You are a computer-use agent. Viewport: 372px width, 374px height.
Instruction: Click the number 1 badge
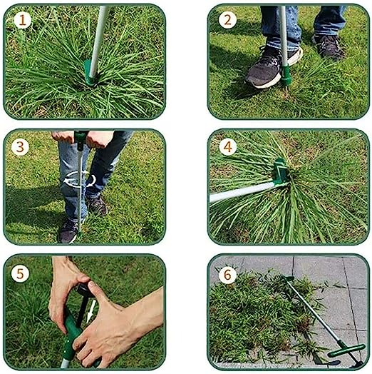click(x=22, y=20)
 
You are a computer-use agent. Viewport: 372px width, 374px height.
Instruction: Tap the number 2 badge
click(x=227, y=20)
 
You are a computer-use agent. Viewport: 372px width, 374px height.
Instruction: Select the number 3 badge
click(x=20, y=147)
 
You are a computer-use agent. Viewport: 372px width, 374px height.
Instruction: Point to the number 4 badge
click(x=227, y=147)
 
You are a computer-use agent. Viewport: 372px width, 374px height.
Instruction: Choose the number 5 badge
click(x=20, y=274)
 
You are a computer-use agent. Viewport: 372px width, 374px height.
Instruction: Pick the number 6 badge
click(x=227, y=274)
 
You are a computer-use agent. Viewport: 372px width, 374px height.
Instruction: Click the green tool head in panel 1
click(x=90, y=73)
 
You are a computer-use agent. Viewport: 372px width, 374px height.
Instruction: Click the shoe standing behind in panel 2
click(x=329, y=46)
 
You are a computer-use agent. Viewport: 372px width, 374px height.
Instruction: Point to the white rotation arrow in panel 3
click(x=79, y=179)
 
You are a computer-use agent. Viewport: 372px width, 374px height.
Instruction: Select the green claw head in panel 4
click(x=281, y=172)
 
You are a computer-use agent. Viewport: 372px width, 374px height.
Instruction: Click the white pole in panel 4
click(x=245, y=192)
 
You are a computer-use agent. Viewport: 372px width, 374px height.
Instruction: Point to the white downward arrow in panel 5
click(x=91, y=311)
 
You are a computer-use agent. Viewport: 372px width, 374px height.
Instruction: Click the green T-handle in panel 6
click(x=347, y=350)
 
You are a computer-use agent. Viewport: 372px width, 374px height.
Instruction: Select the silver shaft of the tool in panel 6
click(x=314, y=313)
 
